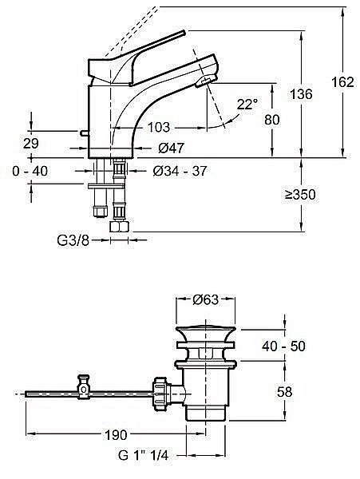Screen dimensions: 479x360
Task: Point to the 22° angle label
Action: (x=247, y=104)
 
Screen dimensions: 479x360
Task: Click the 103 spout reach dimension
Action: (x=159, y=126)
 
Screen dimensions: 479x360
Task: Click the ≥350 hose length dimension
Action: (x=318, y=195)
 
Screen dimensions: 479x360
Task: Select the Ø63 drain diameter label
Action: (x=206, y=300)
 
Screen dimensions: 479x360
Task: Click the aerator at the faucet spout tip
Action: (x=205, y=80)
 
